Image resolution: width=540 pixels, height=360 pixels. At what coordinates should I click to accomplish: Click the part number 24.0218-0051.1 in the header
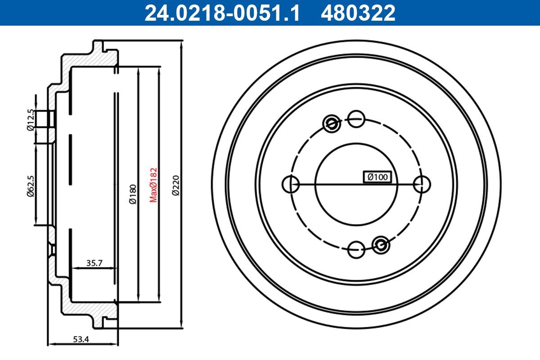coord(221,13)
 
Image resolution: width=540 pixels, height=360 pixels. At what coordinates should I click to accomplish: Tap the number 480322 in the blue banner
coord(358,13)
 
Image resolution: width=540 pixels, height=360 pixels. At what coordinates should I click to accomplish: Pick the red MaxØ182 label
coord(153,184)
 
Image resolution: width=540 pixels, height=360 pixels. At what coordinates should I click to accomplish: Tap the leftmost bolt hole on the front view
coord(290,184)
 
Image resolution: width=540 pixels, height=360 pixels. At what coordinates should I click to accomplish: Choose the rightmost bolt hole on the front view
coord(422,184)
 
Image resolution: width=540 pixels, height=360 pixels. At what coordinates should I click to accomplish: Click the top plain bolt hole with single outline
coord(356,119)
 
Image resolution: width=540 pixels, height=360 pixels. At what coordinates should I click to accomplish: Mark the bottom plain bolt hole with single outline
coord(356,249)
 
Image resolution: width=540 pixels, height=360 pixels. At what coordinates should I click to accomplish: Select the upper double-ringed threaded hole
coord(332,122)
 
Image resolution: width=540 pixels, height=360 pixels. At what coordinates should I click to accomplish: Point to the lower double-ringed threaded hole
coord(381,244)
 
